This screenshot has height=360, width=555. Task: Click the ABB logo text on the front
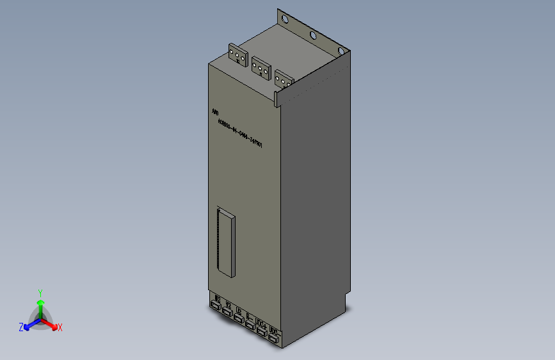pyautogui.click(x=215, y=112)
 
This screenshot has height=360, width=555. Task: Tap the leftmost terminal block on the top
pyautogui.click(x=238, y=55)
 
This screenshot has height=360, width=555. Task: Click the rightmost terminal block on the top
pyautogui.click(x=284, y=78)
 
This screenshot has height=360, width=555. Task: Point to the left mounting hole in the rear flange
pyautogui.click(x=285, y=21)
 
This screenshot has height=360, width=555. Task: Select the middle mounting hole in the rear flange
pyautogui.click(x=312, y=35)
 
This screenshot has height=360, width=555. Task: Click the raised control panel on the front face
pyautogui.click(x=226, y=242)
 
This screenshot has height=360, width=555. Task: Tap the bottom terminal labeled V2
pyautogui.click(x=227, y=311)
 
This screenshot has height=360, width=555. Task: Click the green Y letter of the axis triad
pyautogui.click(x=40, y=291)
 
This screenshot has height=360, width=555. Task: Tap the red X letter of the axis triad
pyautogui.click(x=60, y=327)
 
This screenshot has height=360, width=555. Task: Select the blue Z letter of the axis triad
pyautogui.click(x=20, y=327)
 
